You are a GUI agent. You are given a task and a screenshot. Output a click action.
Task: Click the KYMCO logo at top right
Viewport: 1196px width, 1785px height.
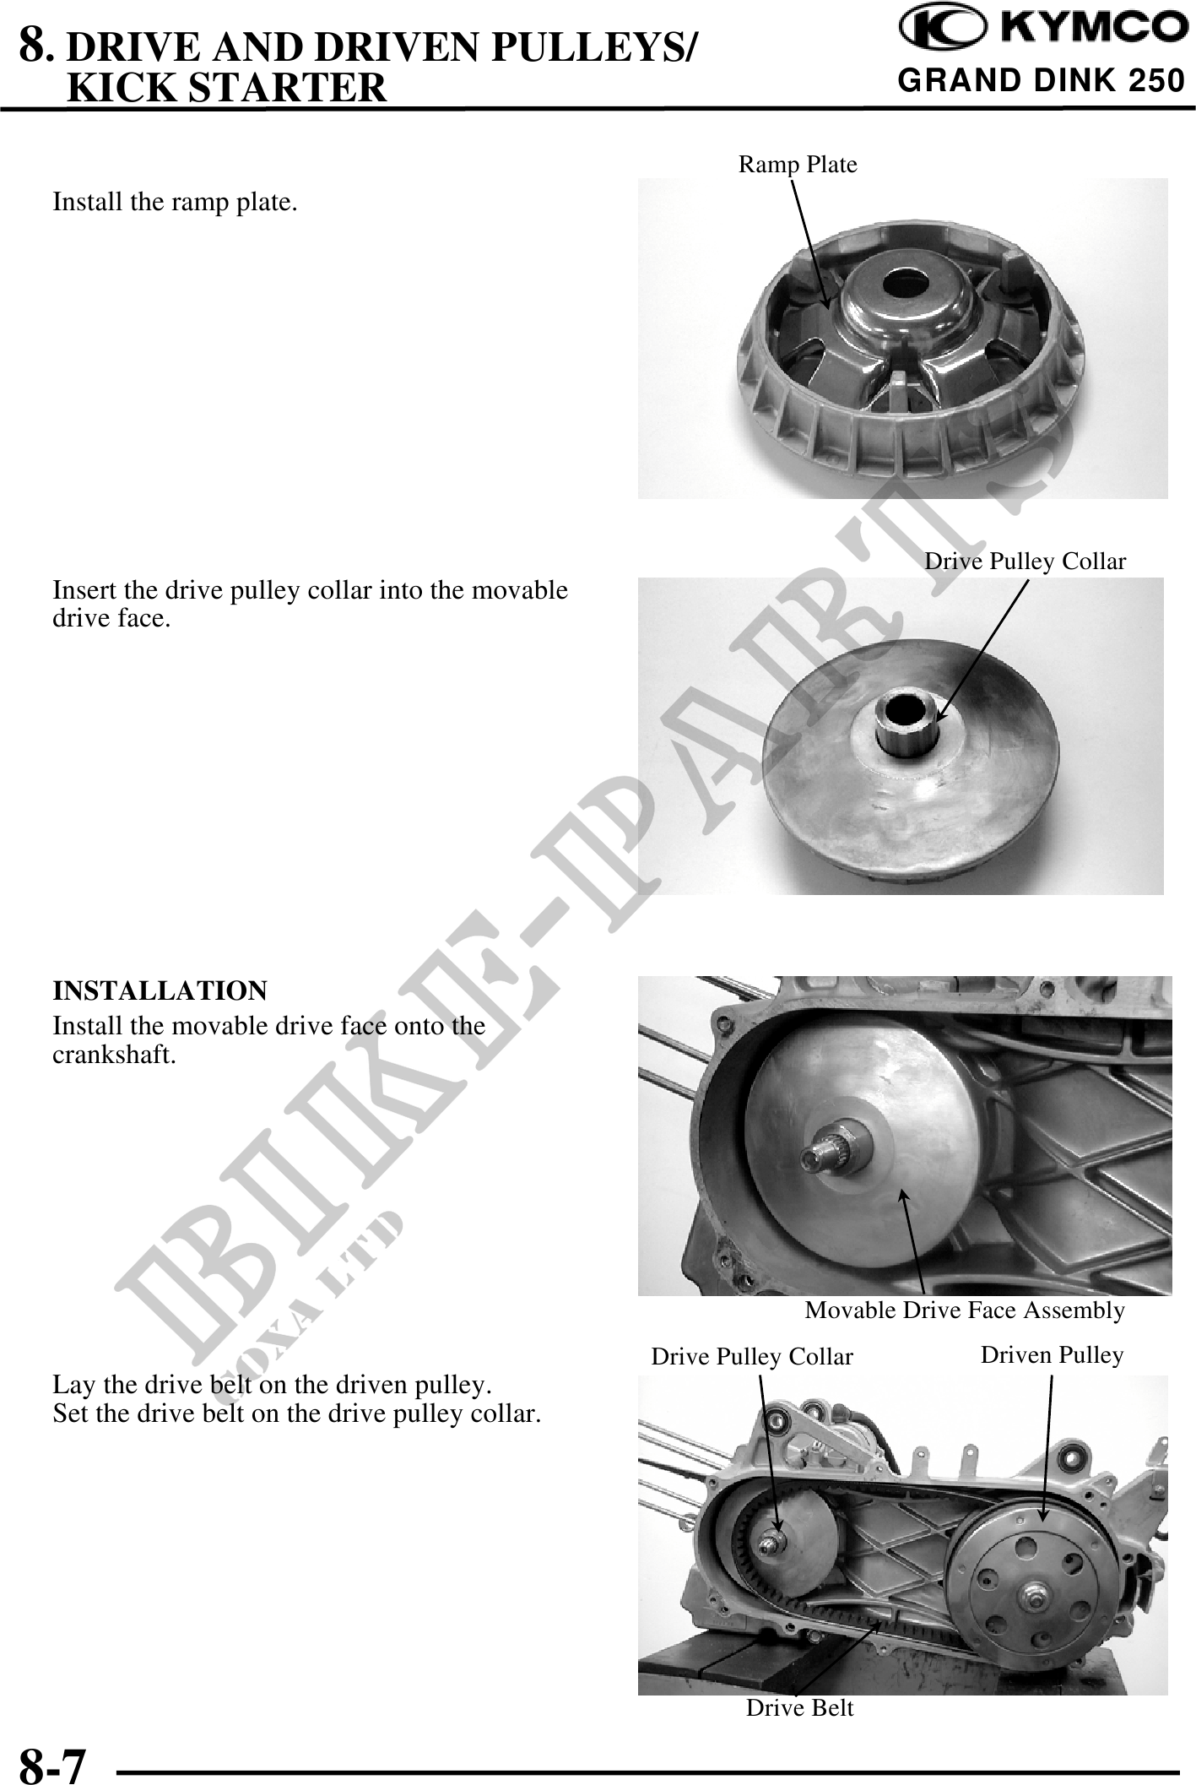pos(1042,30)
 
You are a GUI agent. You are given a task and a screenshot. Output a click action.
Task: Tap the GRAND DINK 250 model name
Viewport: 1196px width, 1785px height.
pos(1042,81)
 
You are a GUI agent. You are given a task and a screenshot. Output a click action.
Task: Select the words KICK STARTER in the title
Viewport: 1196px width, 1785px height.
pos(226,87)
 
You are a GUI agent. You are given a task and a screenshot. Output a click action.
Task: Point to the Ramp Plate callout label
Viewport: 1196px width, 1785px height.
pos(798,165)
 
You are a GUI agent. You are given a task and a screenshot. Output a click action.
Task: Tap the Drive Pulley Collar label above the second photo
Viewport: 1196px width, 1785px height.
pos(1025,562)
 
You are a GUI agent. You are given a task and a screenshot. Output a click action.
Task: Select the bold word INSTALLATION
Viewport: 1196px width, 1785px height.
pos(160,990)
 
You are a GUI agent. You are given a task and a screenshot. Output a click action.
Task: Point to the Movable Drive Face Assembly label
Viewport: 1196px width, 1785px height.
pos(965,1310)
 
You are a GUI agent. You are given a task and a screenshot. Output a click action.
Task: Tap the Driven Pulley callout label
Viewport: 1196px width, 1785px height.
pos(1052,1354)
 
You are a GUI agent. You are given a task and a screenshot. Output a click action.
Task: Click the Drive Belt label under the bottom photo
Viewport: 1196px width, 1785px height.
pos(799,1708)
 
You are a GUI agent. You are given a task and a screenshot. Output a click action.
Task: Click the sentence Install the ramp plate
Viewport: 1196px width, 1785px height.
pos(175,203)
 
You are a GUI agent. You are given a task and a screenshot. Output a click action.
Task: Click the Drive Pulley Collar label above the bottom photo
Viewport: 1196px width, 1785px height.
pos(752,1356)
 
